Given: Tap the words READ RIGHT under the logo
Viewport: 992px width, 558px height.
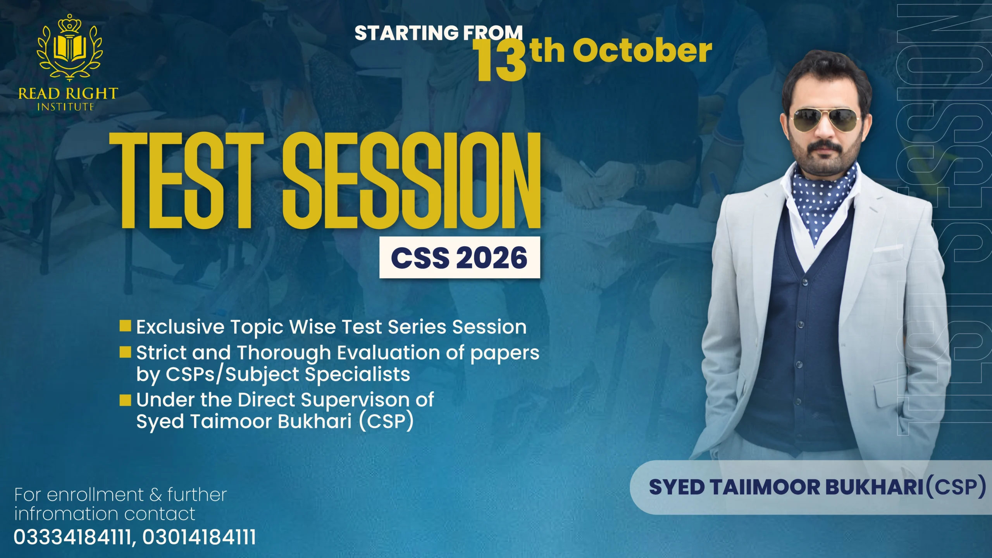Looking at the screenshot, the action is (x=68, y=93).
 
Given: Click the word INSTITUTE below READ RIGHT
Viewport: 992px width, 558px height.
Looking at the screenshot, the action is (x=66, y=107).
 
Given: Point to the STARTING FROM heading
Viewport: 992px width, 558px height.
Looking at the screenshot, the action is (x=439, y=33).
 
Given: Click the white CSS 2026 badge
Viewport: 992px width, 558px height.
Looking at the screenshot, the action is (x=460, y=257).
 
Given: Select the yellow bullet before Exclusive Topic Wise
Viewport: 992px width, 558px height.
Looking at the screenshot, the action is (x=125, y=326).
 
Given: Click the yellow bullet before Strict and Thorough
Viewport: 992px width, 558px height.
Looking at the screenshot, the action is (x=125, y=352).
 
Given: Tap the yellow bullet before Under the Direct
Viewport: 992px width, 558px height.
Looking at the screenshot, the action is (x=125, y=400).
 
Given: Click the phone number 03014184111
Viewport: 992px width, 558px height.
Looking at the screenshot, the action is (x=199, y=537).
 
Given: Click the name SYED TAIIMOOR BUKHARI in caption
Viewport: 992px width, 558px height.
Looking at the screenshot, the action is (x=787, y=487).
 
